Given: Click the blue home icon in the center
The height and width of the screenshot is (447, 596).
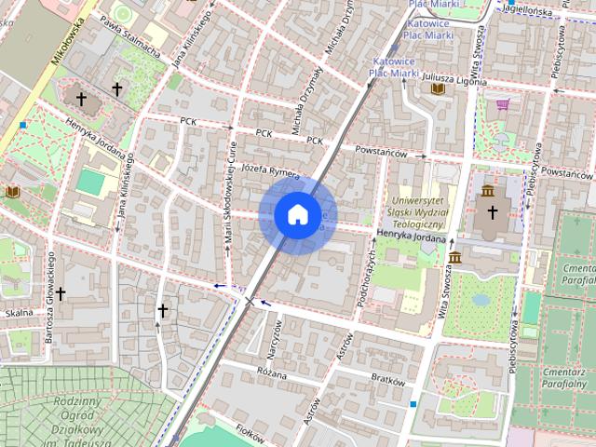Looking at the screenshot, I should pyautogui.click(x=297, y=215).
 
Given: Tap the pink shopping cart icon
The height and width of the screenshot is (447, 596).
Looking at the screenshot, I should pyautogui.click(x=503, y=104).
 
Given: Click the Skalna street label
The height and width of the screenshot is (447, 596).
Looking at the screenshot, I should pyautogui.click(x=18, y=314).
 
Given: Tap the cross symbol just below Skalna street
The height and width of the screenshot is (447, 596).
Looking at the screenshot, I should pyautogui.click(x=61, y=293).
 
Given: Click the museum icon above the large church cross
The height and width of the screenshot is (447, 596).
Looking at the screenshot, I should pyautogui.click(x=488, y=191).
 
